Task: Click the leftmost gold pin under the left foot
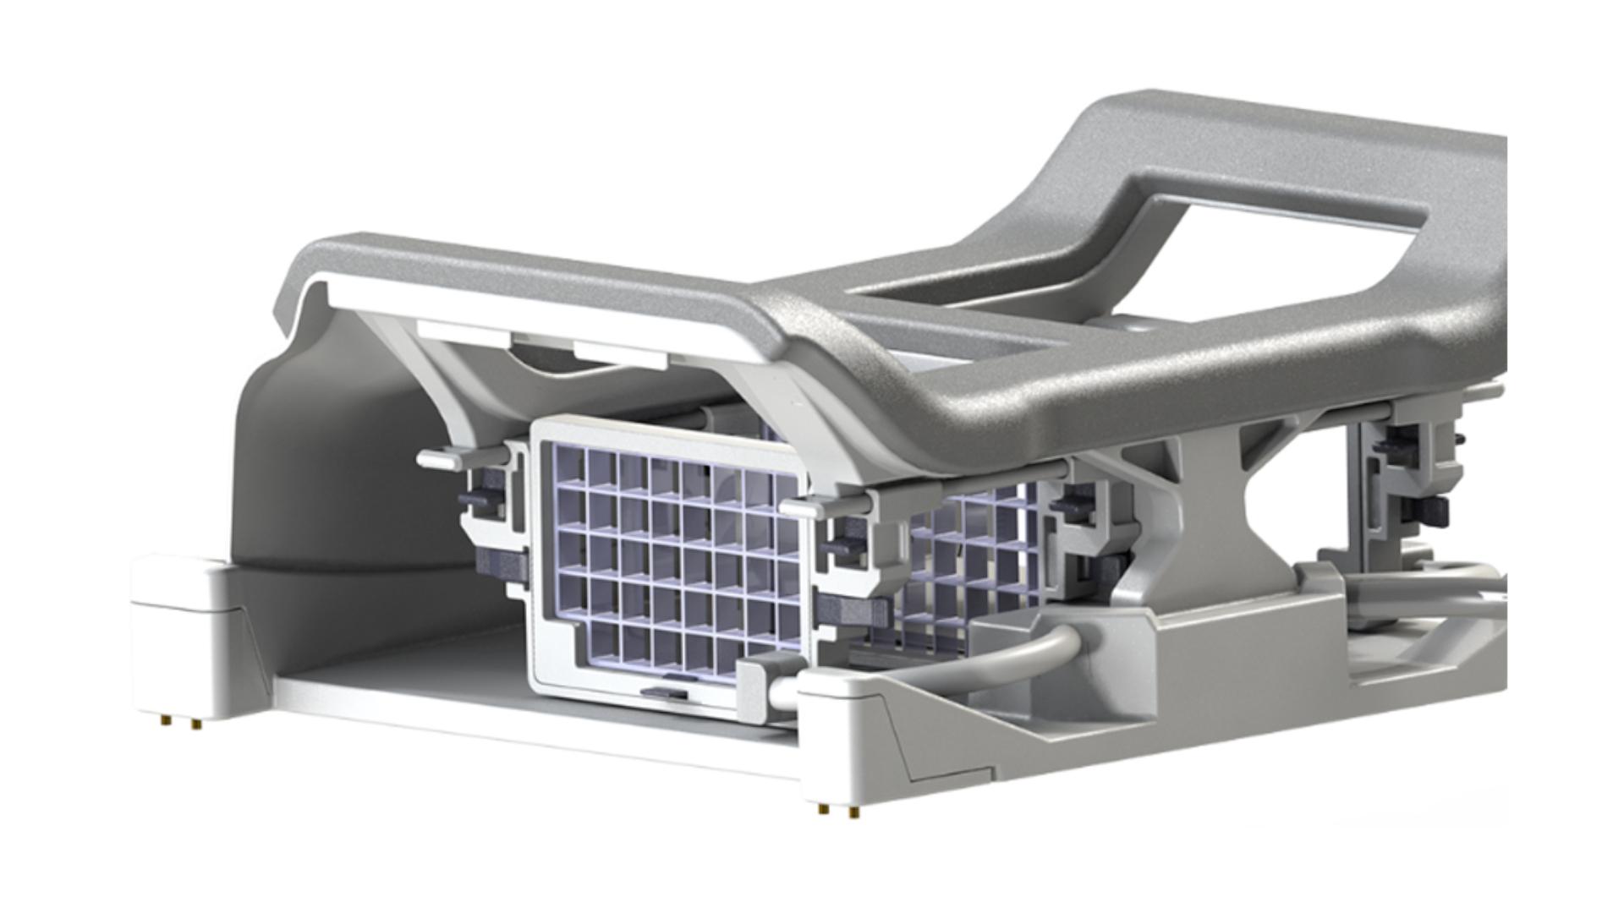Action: coord(164,720)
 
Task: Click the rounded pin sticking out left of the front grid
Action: coord(440,461)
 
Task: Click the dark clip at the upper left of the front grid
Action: coord(482,499)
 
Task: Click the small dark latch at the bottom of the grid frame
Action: coord(664,692)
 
